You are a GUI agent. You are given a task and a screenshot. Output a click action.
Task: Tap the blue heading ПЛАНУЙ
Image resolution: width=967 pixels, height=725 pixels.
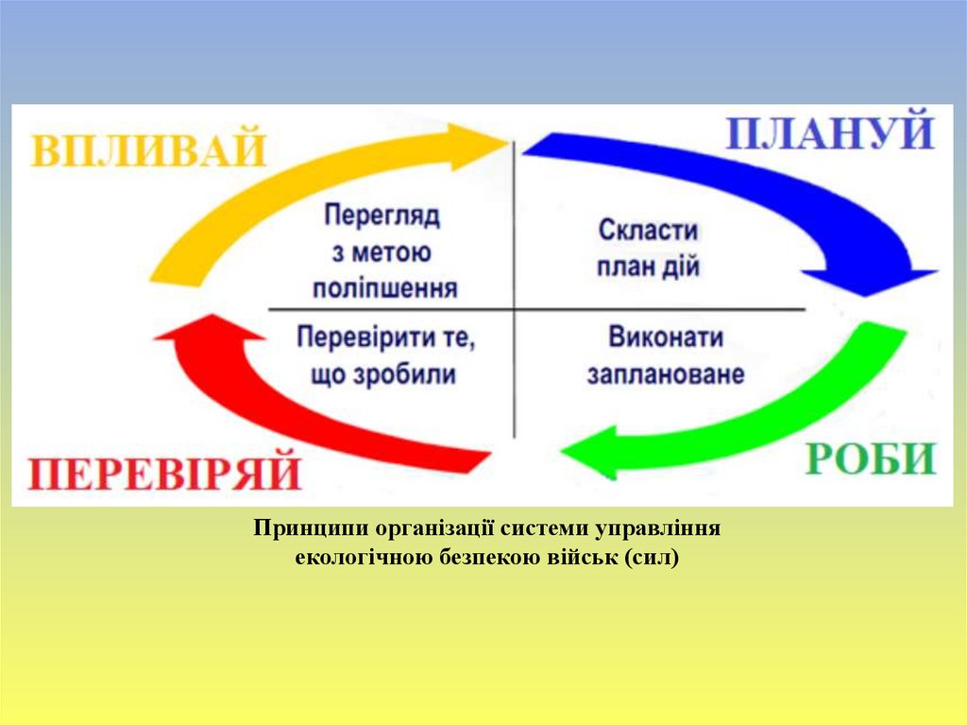coord(830,133)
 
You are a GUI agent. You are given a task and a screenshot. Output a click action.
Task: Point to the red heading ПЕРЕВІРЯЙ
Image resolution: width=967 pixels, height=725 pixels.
coord(162,472)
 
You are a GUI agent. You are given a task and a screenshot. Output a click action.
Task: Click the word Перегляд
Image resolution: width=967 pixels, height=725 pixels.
coord(382,216)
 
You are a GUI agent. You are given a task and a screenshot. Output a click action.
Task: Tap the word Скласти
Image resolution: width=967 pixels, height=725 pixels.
coord(648,230)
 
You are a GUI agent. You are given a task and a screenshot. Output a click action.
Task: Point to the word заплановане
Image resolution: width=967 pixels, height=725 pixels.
coord(665,374)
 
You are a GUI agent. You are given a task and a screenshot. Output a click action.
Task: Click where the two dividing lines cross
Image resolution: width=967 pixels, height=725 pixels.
coord(514,309)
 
